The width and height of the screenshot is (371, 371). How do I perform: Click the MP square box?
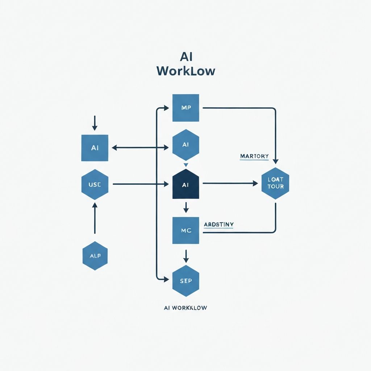coord(186,108)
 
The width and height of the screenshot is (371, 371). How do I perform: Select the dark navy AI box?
coord(186,185)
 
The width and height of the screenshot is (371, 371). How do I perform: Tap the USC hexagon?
coord(95,184)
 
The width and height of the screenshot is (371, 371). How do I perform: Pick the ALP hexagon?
coord(95,256)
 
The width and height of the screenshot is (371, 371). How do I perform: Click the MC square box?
coord(186,230)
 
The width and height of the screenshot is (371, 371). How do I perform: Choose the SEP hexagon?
coord(186,281)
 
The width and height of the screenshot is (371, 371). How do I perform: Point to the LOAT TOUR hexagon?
coord(275,183)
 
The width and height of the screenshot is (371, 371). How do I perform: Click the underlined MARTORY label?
coord(254,157)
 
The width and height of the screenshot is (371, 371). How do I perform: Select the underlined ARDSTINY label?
coord(218,225)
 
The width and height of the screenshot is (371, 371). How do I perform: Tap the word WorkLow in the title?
coord(186,71)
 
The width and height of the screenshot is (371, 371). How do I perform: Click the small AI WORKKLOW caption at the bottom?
coord(185,308)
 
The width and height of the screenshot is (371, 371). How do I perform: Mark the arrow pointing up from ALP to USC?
coord(95,217)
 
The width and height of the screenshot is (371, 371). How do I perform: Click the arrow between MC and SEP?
coord(186,256)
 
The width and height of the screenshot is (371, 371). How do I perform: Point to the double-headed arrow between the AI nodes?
coord(141,147)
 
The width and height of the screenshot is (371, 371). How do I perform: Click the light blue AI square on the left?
coord(95,148)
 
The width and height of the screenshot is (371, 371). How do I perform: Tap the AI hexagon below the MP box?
coord(186,145)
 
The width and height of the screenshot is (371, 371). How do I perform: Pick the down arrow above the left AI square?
coord(95,123)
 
